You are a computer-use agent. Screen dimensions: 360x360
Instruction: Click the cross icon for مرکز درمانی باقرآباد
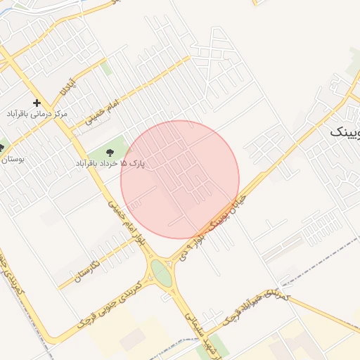(x=36, y=103)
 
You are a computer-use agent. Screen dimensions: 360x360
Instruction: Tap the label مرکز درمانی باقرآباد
(x=37, y=113)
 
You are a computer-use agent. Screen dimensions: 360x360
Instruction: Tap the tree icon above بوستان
(x=1, y=148)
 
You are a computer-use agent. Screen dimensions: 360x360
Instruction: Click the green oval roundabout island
(x=161, y=273)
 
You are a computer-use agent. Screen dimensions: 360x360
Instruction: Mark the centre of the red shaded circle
(x=180, y=179)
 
